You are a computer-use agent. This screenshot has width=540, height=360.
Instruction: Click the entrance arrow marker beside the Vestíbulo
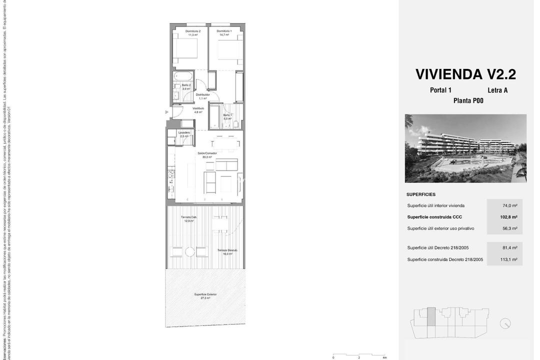167,112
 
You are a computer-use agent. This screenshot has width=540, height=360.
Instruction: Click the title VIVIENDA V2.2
465,74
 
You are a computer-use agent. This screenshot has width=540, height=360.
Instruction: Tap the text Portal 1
440,90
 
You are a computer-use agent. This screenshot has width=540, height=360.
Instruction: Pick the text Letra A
497,90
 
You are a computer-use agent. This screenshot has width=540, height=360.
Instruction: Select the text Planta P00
468,101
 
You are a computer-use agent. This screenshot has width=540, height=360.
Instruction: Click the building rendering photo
465,148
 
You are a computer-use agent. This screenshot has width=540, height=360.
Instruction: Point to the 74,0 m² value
509,205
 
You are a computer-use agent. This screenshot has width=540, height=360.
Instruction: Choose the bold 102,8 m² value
508,217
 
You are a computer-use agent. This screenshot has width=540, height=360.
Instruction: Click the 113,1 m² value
508,259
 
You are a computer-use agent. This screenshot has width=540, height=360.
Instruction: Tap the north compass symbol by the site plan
505,323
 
